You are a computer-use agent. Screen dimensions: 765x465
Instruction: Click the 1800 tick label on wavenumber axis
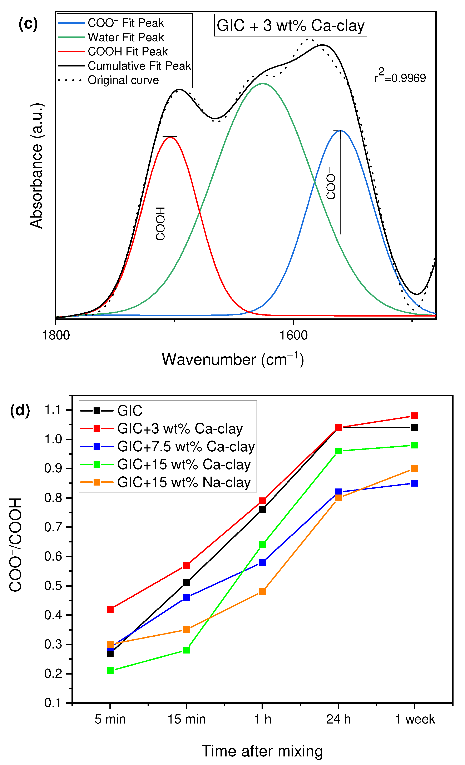tap(56, 335)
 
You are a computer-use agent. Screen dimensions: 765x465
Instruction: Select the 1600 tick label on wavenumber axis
tap(293, 335)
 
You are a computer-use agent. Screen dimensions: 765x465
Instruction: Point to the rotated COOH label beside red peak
tap(160, 224)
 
